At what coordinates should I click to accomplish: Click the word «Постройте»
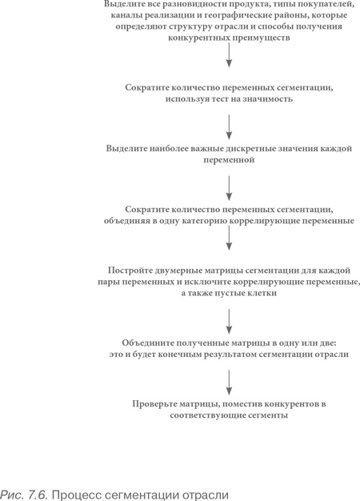[132, 271]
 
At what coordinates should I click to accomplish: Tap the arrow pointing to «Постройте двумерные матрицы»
[230, 240]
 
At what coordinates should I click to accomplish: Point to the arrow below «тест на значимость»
[230, 124]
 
